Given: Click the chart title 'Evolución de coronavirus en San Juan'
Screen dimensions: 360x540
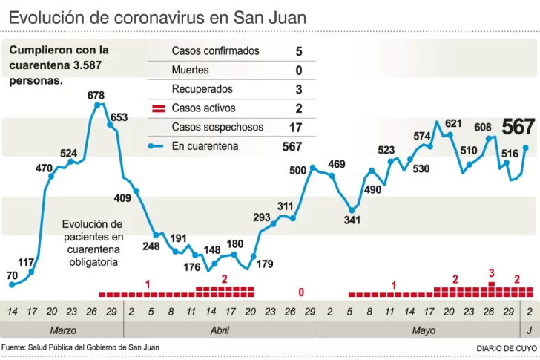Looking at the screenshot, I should pyautogui.click(x=157, y=16).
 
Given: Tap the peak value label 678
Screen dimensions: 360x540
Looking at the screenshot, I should pyautogui.click(x=96, y=96).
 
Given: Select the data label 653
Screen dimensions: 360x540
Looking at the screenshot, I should pyautogui.click(x=119, y=117).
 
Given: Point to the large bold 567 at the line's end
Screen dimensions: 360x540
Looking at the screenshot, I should pyautogui.click(x=518, y=127).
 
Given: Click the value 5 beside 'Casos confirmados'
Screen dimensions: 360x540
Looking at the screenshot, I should pyautogui.click(x=298, y=51).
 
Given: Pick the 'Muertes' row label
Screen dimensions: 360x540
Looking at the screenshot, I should pyautogui.click(x=190, y=70).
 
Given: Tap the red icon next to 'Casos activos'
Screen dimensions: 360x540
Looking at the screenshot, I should pyautogui.click(x=158, y=108).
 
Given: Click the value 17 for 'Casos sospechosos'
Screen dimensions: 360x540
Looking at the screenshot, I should pyautogui.click(x=295, y=128).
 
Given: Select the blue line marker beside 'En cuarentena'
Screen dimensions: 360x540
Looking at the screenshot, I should pyautogui.click(x=155, y=146).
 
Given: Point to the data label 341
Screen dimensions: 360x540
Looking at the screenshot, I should pyautogui.click(x=352, y=220).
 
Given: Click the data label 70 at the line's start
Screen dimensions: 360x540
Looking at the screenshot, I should pyautogui.click(x=12, y=275).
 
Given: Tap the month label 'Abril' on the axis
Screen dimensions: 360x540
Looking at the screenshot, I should pyautogui.click(x=220, y=330).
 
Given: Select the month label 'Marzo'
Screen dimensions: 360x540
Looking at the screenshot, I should pyautogui.click(x=63, y=330).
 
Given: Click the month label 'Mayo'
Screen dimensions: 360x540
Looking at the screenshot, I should pyautogui.click(x=424, y=330).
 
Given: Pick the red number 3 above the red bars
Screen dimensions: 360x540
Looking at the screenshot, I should pyautogui.click(x=491, y=273).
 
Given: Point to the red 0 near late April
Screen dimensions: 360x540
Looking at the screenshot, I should pyautogui.click(x=301, y=293).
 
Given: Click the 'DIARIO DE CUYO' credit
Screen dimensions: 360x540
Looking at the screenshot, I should pyautogui.click(x=507, y=348).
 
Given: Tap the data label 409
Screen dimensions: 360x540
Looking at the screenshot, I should pyautogui.click(x=122, y=198).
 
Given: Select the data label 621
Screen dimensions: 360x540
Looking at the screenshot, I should pyautogui.click(x=453, y=123).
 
